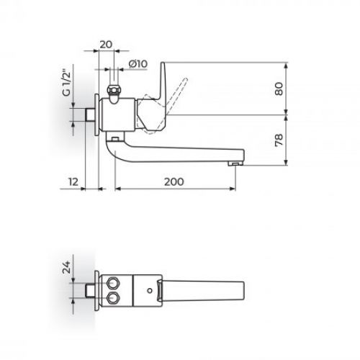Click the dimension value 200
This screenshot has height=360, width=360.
tap(174, 182)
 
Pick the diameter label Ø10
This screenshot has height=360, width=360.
tap(138, 64)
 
